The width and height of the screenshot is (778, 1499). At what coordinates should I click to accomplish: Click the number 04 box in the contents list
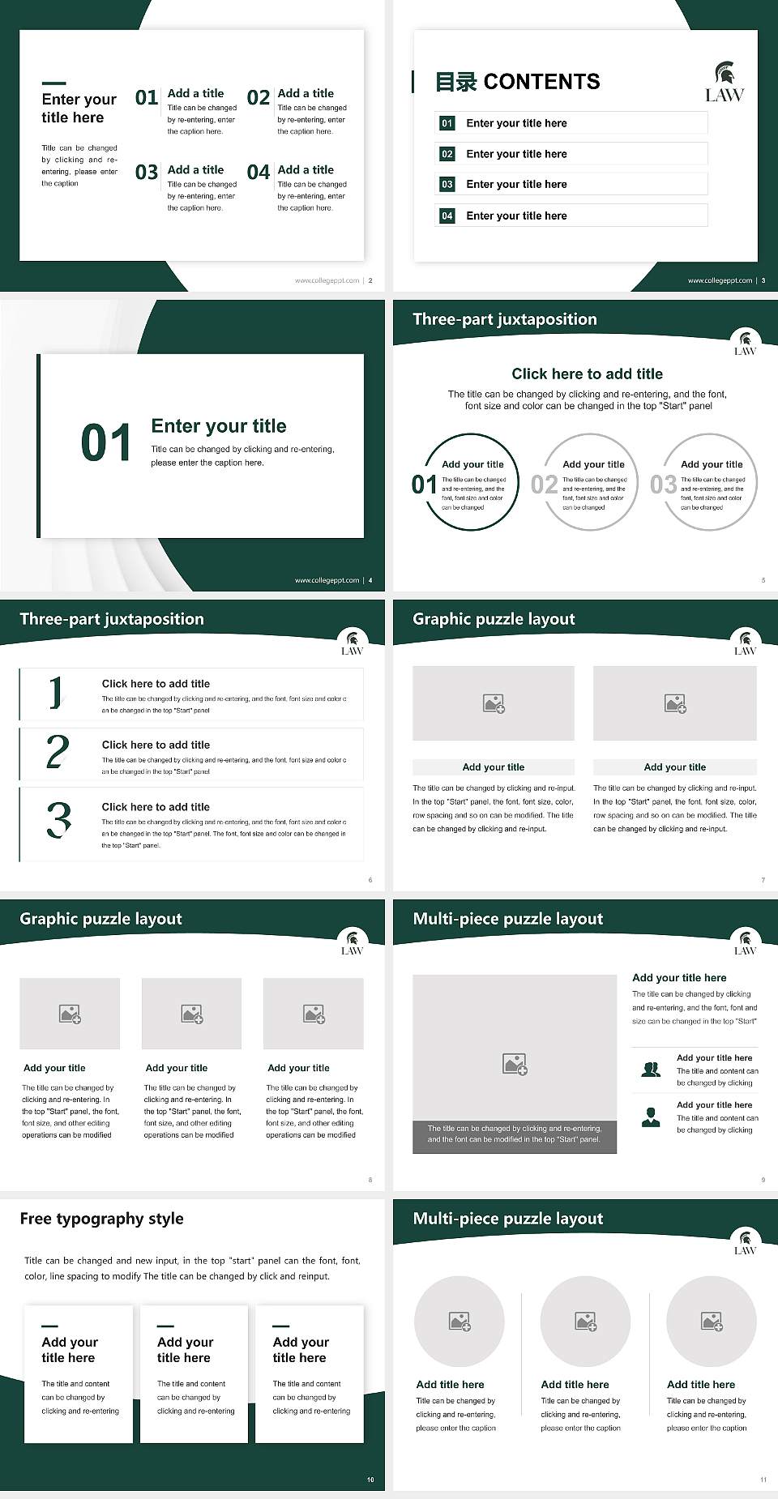click(447, 216)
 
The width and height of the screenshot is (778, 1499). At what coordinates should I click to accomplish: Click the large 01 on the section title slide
click(106, 443)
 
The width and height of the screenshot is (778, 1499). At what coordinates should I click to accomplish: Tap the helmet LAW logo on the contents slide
click(724, 83)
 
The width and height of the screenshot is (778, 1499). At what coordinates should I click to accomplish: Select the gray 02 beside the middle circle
click(544, 485)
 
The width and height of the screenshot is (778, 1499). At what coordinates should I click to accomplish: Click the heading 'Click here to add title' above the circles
click(587, 374)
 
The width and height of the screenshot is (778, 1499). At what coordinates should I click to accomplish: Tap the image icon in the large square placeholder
click(515, 1064)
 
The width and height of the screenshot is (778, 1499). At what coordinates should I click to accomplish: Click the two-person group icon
click(651, 1070)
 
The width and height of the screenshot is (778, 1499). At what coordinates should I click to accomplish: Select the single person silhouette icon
click(651, 1117)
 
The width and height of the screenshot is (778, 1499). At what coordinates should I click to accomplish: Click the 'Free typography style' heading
click(101, 1219)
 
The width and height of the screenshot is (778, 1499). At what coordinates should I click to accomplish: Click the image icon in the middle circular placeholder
click(585, 1322)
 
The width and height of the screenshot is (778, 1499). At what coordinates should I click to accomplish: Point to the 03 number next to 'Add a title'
click(147, 173)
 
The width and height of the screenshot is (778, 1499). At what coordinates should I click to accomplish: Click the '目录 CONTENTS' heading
click(517, 82)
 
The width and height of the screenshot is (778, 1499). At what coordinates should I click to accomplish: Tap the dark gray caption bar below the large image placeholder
click(515, 1134)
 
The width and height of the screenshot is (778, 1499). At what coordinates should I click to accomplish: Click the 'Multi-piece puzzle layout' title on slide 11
click(507, 1219)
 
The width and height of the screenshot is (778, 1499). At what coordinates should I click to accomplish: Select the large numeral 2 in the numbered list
click(58, 752)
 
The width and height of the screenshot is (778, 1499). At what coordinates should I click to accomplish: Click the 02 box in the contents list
click(447, 154)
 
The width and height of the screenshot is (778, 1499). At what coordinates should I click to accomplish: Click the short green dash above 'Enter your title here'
click(53, 83)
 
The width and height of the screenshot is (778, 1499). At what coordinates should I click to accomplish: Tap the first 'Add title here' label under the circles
click(450, 1385)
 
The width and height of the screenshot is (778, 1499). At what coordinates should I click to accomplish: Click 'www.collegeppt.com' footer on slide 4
click(327, 580)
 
